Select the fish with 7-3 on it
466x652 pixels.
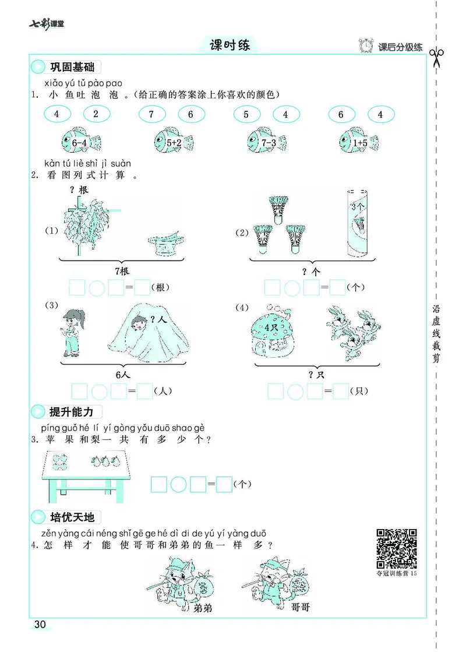[x=267, y=140]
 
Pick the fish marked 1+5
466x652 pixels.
[x=359, y=140]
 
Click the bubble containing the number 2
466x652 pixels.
[x=96, y=114]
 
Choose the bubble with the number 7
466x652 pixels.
[x=151, y=114]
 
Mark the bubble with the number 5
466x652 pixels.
[x=246, y=114]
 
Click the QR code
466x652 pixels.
[x=397, y=548]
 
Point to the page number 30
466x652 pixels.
[x=40, y=625]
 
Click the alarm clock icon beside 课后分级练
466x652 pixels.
[x=366, y=46]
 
